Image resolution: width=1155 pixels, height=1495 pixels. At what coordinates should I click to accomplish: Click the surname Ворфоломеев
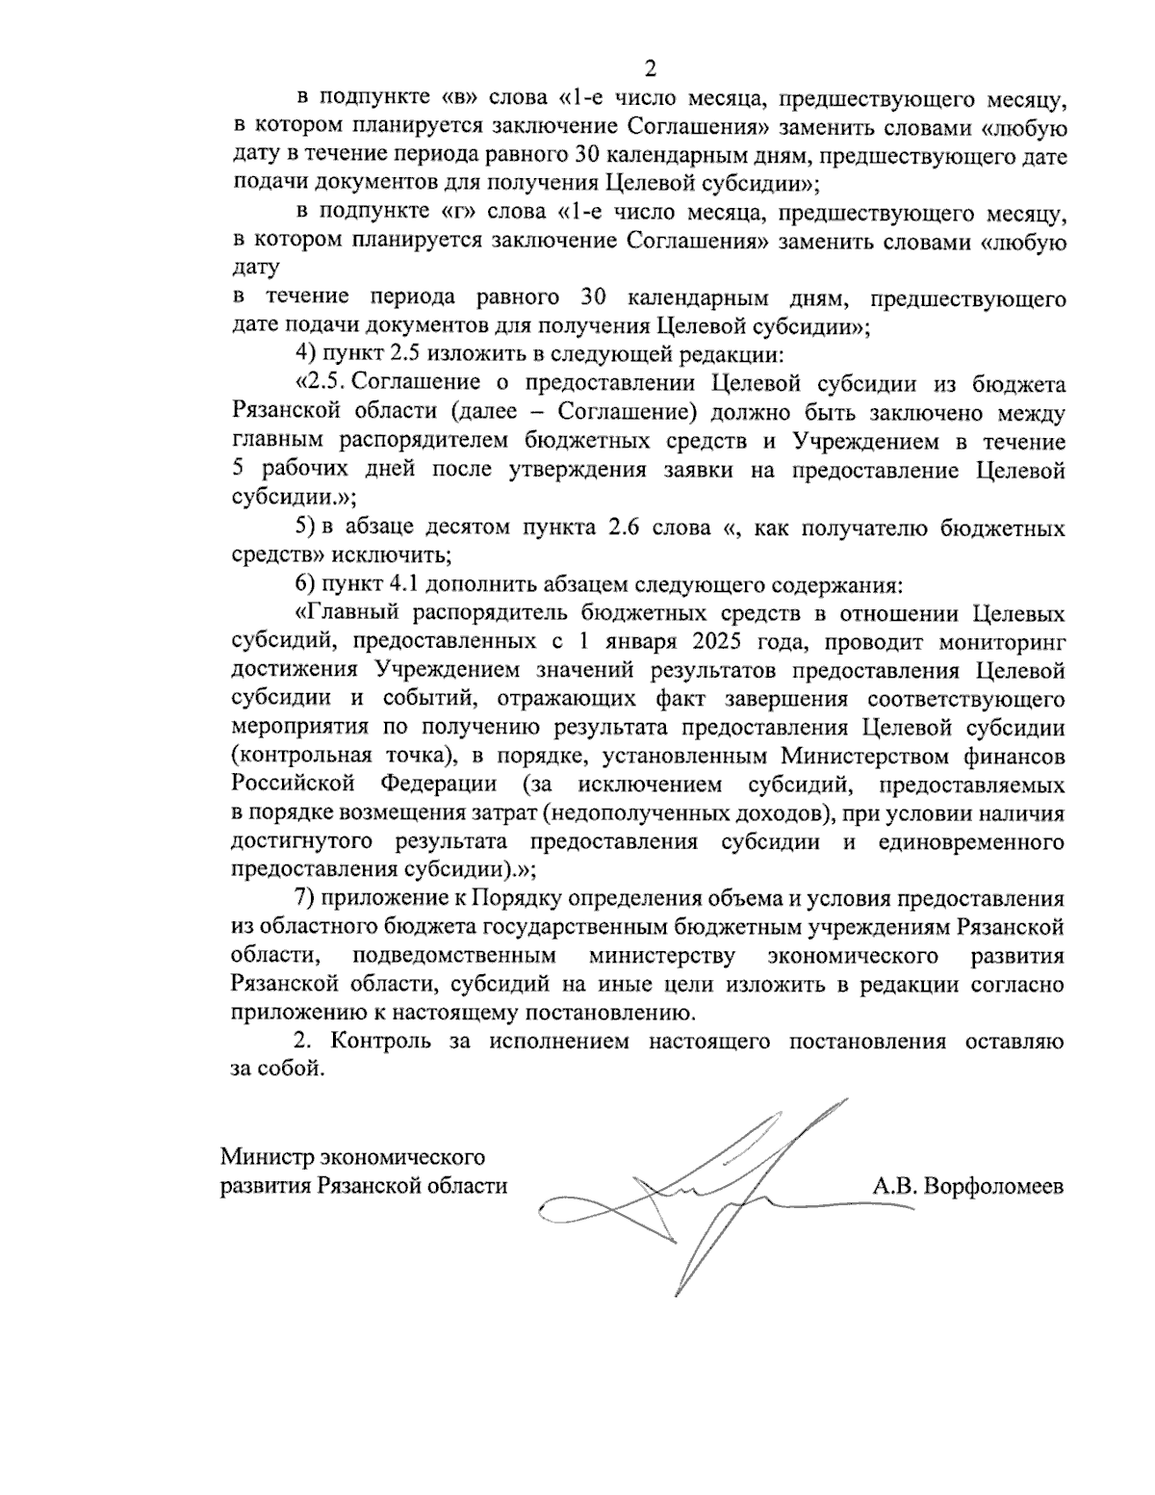click(994, 1186)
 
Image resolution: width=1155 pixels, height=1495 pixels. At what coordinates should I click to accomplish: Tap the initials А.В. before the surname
click(894, 1186)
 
